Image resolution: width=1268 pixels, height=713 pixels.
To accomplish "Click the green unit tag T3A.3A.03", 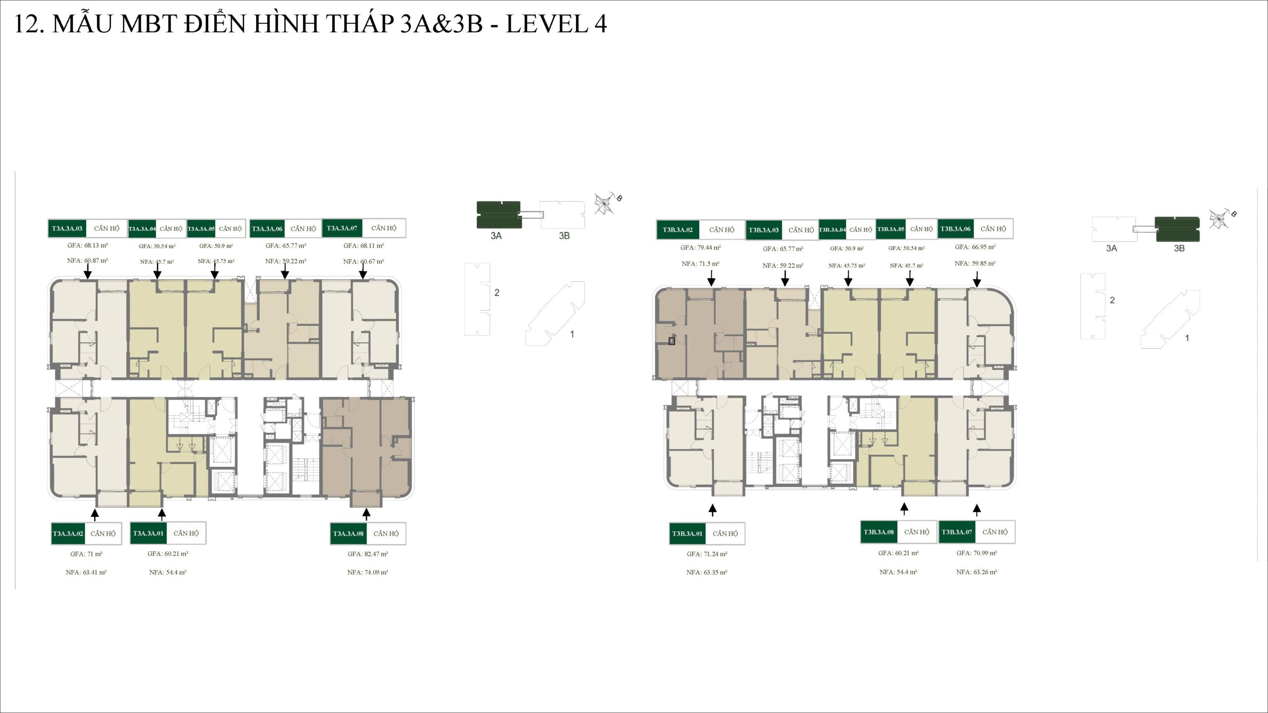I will (67, 228).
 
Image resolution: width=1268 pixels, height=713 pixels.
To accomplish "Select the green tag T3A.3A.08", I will (348, 533).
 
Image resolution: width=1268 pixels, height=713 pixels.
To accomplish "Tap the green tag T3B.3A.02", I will (678, 230).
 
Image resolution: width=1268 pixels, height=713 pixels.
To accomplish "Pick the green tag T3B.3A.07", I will (956, 532).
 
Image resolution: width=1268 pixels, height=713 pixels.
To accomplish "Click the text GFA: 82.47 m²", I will (368, 554).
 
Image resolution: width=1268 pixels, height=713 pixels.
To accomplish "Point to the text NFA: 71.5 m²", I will (700, 264).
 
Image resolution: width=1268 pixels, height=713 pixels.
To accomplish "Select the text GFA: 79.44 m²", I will (700, 248).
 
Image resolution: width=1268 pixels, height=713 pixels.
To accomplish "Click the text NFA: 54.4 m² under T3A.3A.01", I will (168, 572).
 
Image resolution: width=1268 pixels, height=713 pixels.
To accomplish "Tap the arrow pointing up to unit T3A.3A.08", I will (366, 513).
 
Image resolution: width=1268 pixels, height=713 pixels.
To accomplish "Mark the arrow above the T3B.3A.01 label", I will (712, 509).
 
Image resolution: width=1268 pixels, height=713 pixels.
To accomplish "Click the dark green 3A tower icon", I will (498, 214).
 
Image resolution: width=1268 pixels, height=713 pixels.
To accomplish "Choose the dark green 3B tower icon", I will (1177, 229).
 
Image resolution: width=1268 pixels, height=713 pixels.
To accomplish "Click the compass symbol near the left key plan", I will (605, 204).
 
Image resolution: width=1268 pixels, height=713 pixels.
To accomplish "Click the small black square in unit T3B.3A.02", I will (672, 341).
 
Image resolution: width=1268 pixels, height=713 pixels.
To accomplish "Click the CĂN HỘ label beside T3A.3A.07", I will (384, 228).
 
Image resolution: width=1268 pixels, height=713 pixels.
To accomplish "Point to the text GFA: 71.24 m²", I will (707, 554).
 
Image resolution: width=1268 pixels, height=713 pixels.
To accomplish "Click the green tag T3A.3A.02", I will (68, 533).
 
